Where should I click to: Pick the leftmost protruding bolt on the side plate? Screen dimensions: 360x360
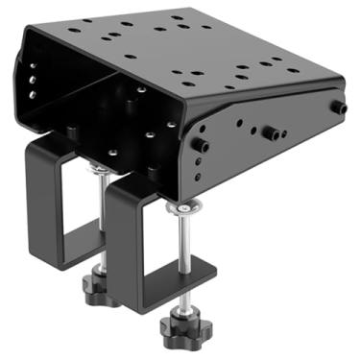point(201,145)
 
